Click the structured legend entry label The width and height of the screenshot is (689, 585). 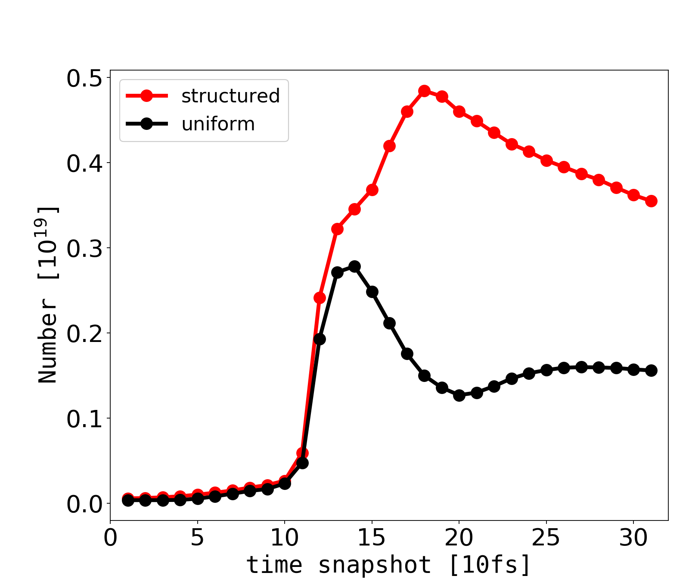pyautogui.click(x=230, y=96)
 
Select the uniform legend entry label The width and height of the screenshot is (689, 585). pyautogui.click(x=218, y=124)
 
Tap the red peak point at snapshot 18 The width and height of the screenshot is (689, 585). pyautogui.click(x=424, y=91)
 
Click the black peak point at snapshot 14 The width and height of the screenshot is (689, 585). pyautogui.click(x=354, y=266)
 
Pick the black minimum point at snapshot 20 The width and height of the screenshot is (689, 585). pyautogui.click(x=459, y=395)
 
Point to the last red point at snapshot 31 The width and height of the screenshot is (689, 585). pyautogui.click(x=651, y=201)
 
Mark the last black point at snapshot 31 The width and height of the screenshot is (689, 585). pyautogui.click(x=651, y=370)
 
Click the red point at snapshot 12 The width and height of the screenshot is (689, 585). pyautogui.click(x=320, y=298)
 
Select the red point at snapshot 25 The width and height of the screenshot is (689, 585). pyautogui.click(x=546, y=161)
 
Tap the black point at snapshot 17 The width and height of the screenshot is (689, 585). pyautogui.click(x=407, y=354)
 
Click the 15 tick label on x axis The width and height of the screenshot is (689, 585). pyautogui.click(x=372, y=538)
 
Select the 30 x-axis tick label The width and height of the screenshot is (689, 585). pyautogui.click(x=633, y=538)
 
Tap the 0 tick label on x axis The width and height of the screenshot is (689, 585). pyautogui.click(x=110, y=538)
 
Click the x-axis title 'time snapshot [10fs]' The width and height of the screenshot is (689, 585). pyautogui.click(x=388, y=564)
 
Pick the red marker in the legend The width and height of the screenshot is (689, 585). pyautogui.click(x=146, y=96)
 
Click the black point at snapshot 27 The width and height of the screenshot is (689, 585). pyautogui.click(x=581, y=367)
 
